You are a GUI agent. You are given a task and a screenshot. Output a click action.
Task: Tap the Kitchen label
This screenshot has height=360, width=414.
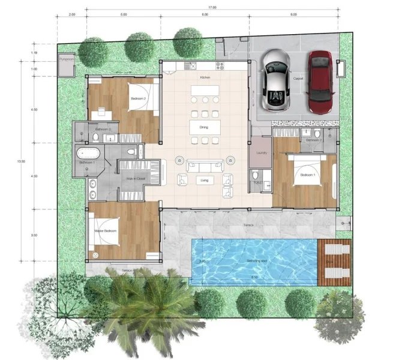coord(205,77)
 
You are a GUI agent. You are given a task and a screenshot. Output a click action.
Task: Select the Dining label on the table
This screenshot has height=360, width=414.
coord(205,127)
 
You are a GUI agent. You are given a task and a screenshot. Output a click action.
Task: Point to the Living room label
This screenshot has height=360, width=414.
coord(205,180)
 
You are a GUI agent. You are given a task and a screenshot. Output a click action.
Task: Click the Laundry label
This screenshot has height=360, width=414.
coord(260,152)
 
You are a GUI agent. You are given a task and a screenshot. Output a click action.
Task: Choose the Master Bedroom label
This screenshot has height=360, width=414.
coord(106,231)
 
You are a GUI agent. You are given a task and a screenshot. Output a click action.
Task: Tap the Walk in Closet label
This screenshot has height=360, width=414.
coord(136,179)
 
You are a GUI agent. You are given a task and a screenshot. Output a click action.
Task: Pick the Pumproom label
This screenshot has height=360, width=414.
coord(65,59)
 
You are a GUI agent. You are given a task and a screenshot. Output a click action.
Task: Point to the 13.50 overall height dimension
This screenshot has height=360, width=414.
coord(22,161)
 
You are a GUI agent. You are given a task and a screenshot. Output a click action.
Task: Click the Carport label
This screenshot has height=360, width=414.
coord(298,79)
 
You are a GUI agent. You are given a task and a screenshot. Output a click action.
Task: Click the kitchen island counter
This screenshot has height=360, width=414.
coord(205,94)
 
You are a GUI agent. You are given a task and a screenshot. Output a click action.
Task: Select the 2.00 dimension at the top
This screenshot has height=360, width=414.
coord(71,13)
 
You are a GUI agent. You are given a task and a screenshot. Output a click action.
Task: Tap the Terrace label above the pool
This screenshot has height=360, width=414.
coord(248,225)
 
